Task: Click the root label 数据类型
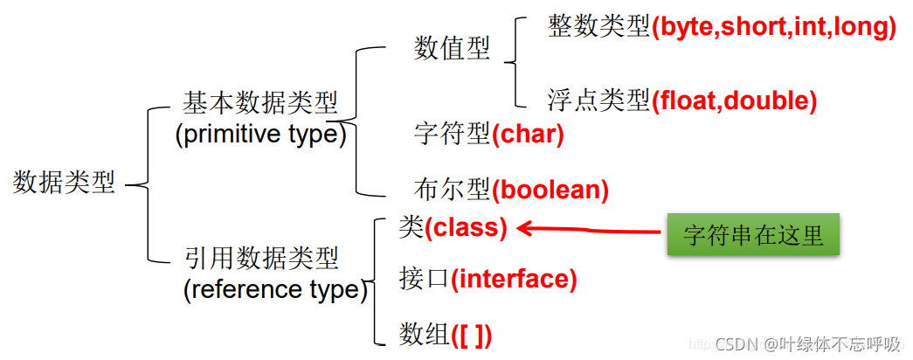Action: point(64,183)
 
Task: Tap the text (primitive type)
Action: point(260,135)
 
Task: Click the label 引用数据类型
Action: point(261,258)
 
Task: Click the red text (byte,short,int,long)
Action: point(774,27)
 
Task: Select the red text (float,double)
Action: point(734,101)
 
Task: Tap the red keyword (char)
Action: point(528,135)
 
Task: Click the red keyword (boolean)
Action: point(550,189)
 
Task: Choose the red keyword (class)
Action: point(466,228)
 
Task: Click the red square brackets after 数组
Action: point(471,333)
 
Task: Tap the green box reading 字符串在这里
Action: point(752,234)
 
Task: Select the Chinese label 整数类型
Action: point(598,27)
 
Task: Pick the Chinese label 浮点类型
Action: point(598,101)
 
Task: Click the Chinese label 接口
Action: point(424,280)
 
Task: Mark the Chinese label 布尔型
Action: point(452,189)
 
